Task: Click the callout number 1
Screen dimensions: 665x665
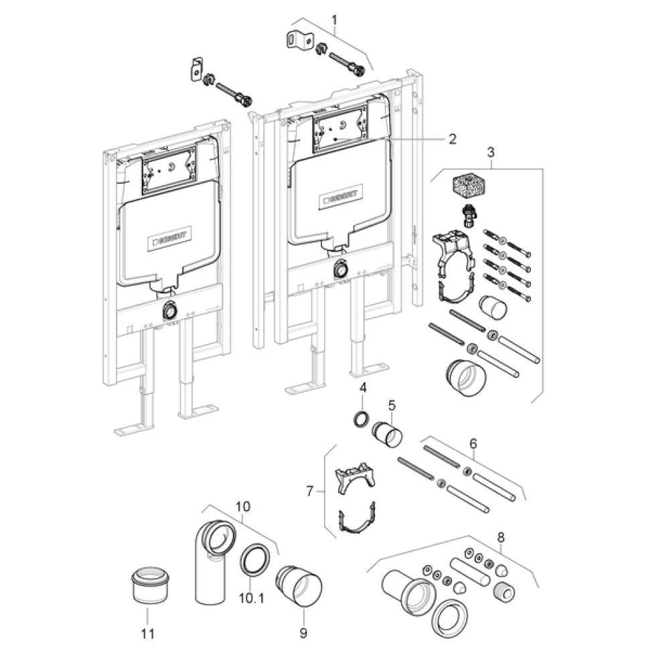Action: [335, 19]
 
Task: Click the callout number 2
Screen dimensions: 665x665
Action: [453, 138]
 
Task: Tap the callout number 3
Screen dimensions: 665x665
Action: [491, 152]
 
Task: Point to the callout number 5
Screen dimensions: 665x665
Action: [392, 405]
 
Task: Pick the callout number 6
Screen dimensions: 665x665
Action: [473, 443]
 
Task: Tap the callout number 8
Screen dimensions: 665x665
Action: [501, 538]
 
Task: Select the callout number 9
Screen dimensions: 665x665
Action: [303, 634]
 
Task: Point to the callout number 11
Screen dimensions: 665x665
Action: [147, 634]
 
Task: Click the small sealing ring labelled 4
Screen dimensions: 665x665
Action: [362, 420]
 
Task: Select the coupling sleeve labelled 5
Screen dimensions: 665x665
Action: [387, 434]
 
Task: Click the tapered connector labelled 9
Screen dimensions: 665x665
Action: [299, 587]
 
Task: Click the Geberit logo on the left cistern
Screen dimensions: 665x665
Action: [171, 240]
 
